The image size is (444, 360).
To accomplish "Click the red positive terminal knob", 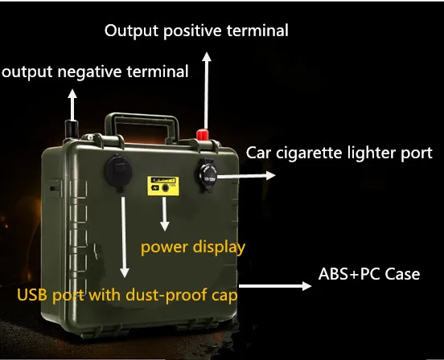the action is (202, 135).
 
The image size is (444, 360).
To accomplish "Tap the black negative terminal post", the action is (72, 130).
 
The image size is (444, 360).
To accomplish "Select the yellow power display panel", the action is (163, 186).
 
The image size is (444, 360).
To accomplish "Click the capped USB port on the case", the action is (119, 171).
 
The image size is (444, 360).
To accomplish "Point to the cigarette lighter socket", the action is (207, 174).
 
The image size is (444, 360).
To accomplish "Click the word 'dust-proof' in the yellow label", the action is (166, 295).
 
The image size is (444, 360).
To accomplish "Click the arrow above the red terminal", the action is (207, 91).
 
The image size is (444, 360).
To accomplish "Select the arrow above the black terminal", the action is (72, 104).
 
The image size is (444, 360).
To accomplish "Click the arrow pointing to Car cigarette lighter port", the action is (246, 176).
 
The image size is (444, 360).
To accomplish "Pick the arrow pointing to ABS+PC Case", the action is (274, 286).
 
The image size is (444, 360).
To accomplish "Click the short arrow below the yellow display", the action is (165, 214).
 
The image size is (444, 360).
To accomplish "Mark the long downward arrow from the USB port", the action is (124, 237).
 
